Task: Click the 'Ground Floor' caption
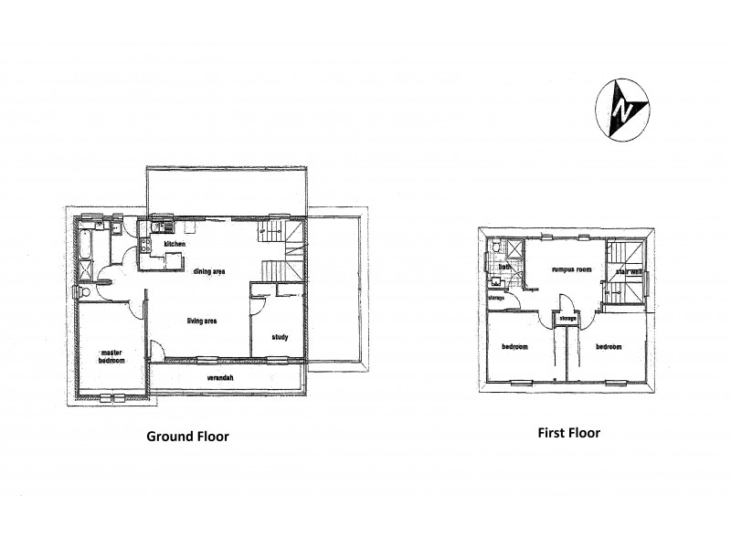tap(187, 437)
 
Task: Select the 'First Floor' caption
tap(568, 433)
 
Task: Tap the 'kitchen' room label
tap(175, 245)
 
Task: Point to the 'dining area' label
tap(209, 271)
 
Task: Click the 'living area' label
tap(203, 320)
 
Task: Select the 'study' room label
tap(280, 337)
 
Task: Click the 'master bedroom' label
tap(111, 356)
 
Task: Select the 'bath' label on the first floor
tap(504, 267)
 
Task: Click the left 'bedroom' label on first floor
tap(516, 347)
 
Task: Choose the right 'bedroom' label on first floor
tap(609, 347)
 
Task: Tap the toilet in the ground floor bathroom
tap(82, 291)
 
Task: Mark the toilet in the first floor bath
tap(494, 247)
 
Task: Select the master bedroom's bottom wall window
tap(112, 397)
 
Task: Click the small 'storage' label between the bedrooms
tap(567, 318)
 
